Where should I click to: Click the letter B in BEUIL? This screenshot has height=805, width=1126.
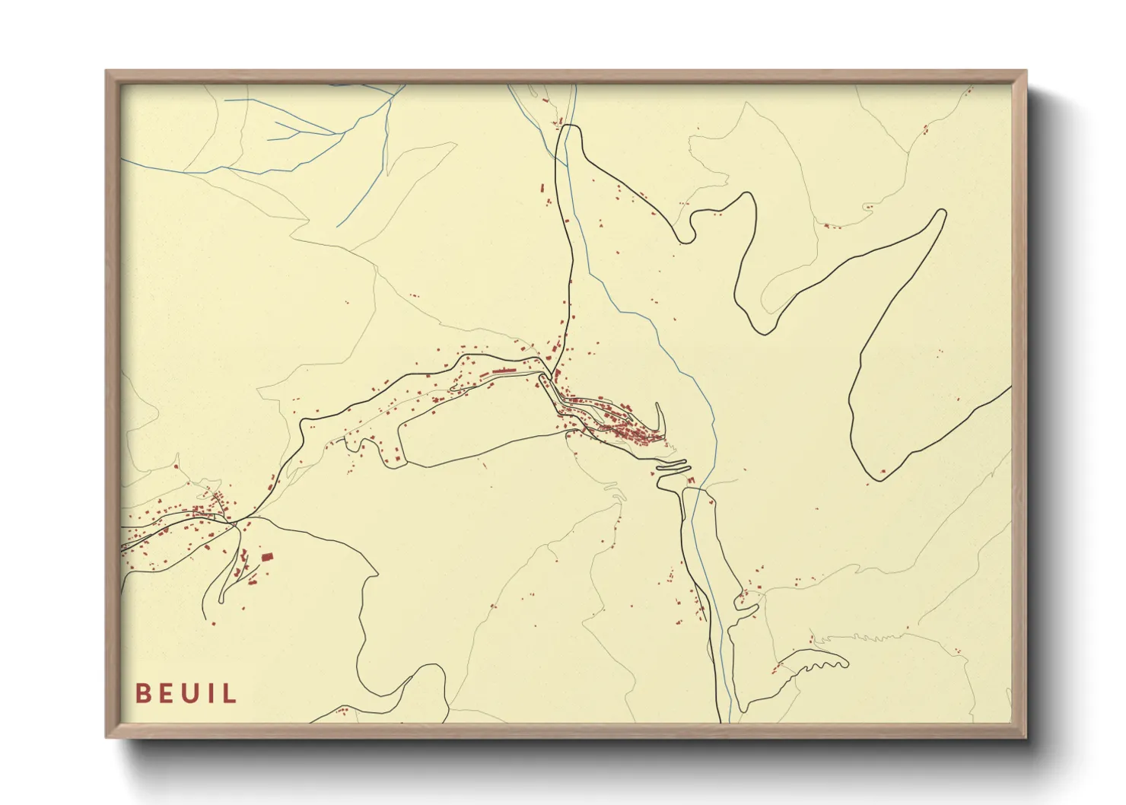click(142, 694)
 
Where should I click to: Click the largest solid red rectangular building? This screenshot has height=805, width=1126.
click(266, 558)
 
